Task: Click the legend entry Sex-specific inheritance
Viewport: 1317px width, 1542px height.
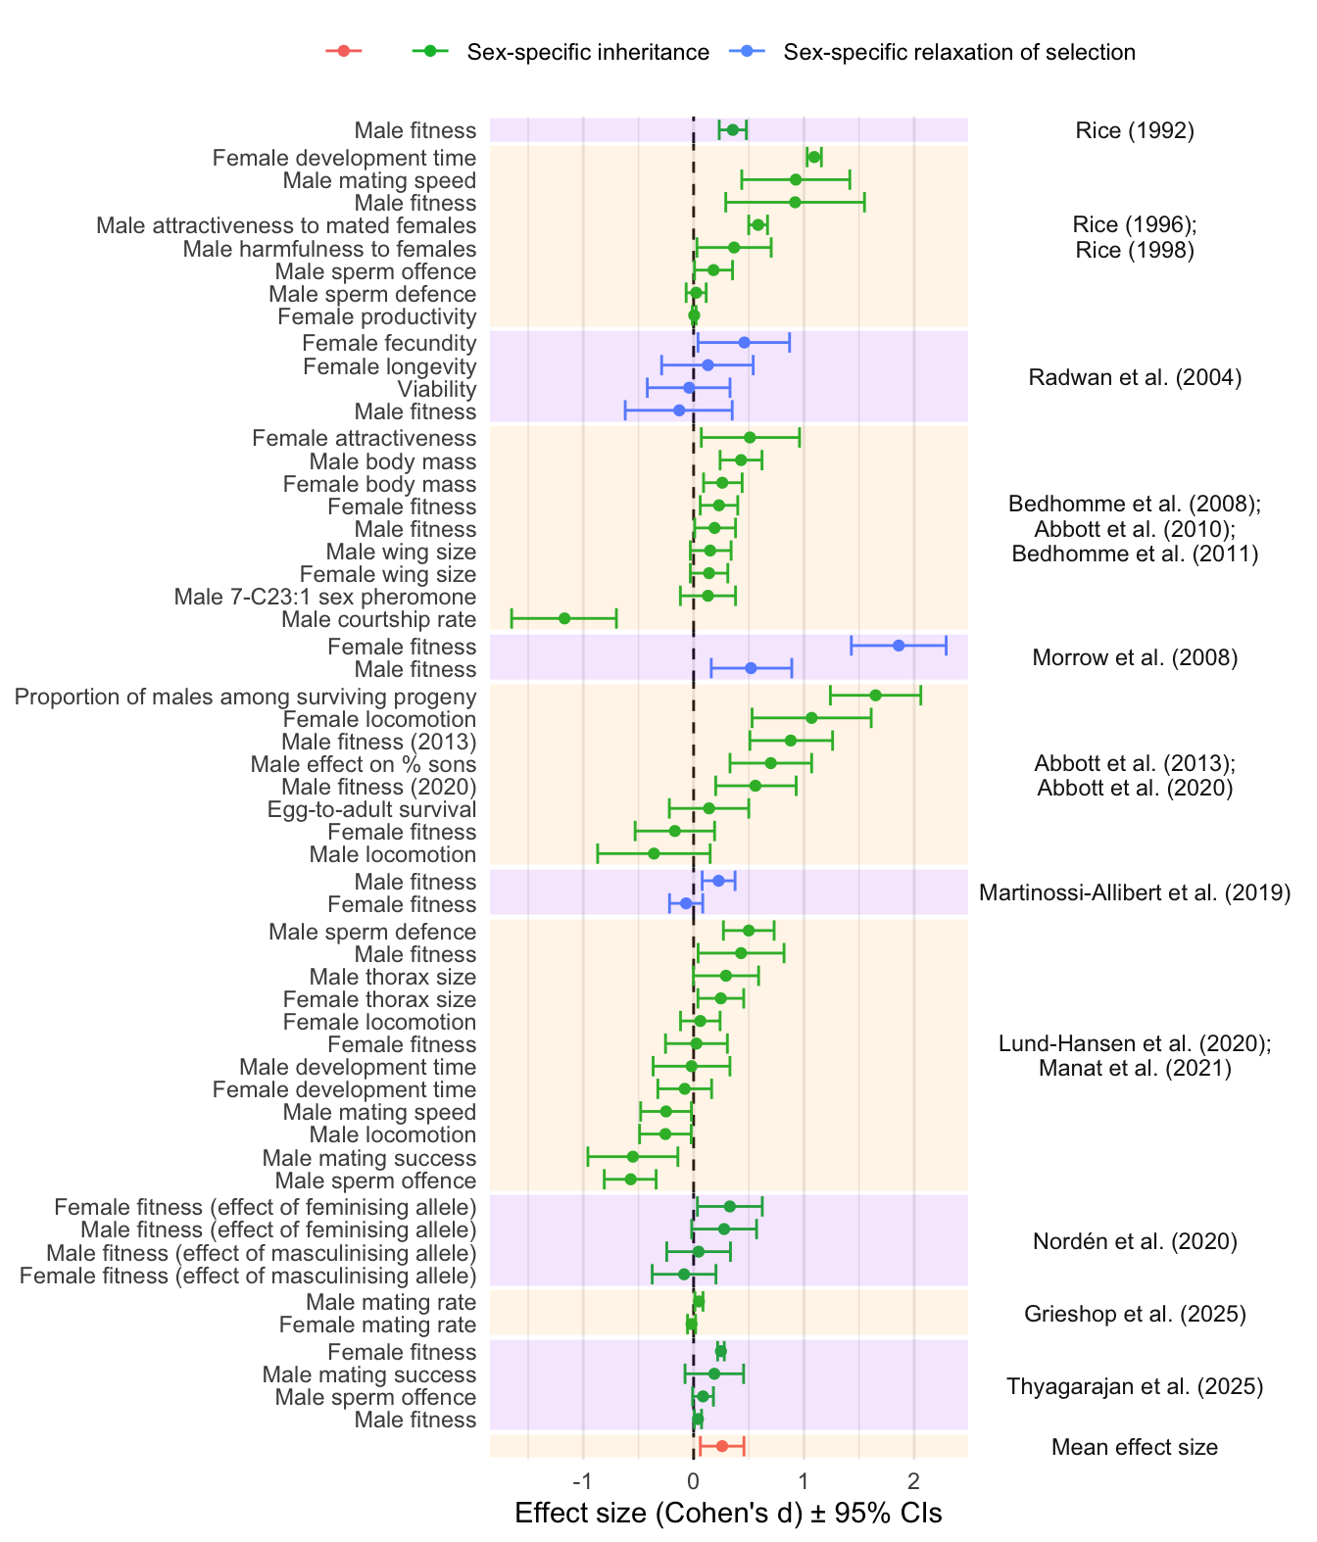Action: [587, 52]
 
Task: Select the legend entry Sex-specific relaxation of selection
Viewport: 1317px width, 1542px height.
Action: [958, 52]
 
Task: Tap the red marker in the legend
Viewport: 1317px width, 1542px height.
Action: [343, 51]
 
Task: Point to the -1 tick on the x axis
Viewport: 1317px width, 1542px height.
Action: [583, 1479]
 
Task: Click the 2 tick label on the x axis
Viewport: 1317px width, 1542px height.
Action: [914, 1479]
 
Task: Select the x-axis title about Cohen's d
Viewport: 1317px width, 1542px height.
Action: [728, 1514]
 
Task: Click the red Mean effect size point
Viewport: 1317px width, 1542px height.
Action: [722, 1446]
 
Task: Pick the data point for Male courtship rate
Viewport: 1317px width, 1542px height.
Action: [564, 618]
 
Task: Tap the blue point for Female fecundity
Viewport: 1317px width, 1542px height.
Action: [744, 342]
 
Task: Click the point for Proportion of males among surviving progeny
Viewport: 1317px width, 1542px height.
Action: [875, 696]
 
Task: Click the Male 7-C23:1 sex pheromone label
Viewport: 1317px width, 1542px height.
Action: [324, 597]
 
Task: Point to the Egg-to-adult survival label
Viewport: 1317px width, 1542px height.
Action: [371, 809]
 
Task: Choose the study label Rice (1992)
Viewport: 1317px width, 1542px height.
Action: [1135, 130]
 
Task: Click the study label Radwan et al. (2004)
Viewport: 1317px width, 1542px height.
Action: [1135, 377]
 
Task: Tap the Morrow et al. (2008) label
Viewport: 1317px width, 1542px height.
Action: [1135, 657]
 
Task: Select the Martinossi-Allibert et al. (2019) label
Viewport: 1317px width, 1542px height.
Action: [1135, 892]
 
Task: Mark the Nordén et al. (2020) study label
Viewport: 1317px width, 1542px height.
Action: [1135, 1242]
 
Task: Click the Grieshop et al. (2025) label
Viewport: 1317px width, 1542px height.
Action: [1135, 1314]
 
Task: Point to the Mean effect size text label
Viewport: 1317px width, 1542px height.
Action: [1135, 1447]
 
